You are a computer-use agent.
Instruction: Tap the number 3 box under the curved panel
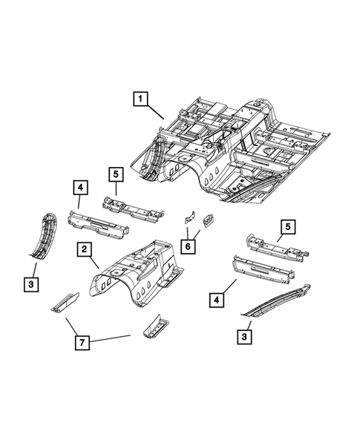pos(31,284)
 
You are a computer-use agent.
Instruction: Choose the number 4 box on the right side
pos(216,300)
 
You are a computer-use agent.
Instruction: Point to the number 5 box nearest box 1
pos(115,176)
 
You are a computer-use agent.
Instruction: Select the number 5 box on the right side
pos(287,227)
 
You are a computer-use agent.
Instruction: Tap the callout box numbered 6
pos(189,246)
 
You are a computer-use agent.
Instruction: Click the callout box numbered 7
pos(84,343)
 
